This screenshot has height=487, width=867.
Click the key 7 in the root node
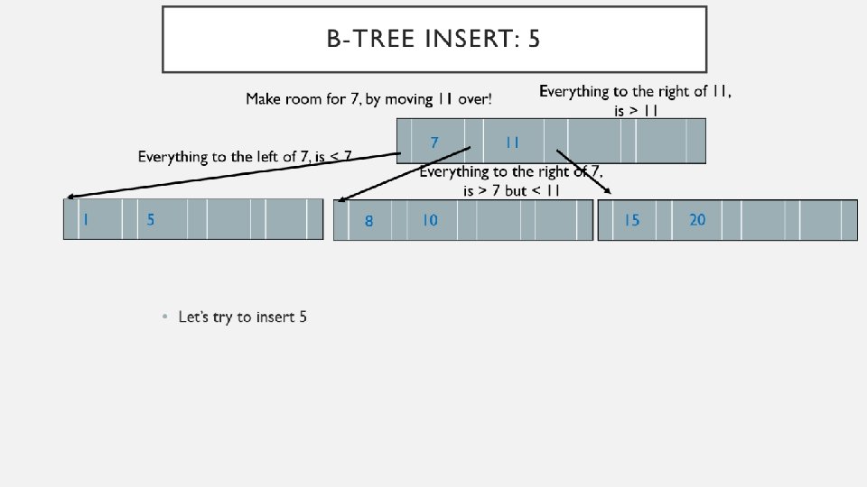pyautogui.click(x=434, y=142)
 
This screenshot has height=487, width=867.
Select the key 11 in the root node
pyautogui.click(x=512, y=142)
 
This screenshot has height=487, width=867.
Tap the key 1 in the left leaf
pyautogui.click(x=85, y=219)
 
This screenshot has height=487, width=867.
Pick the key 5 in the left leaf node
pyautogui.click(x=151, y=219)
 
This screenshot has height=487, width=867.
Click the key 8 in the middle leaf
pyautogui.click(x=368, y=221)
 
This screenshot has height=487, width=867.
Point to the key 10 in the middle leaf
pyautogui.click(x=430, y=220)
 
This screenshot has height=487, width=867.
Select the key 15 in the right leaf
pyautogui.click(x=631, y=220)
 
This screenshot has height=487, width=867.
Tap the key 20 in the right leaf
pyautogui.click(x=697, y=219)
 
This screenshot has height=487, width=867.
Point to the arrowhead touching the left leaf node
pyautogui.click(x=69, y=196)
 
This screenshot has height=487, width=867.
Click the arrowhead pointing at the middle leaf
pyautogui.click(x=340, y=200)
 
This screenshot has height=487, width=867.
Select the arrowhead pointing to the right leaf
pyautogui.click(x=608, y=190)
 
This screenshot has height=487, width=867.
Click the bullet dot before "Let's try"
pyautogui.click(x=164, y=317)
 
